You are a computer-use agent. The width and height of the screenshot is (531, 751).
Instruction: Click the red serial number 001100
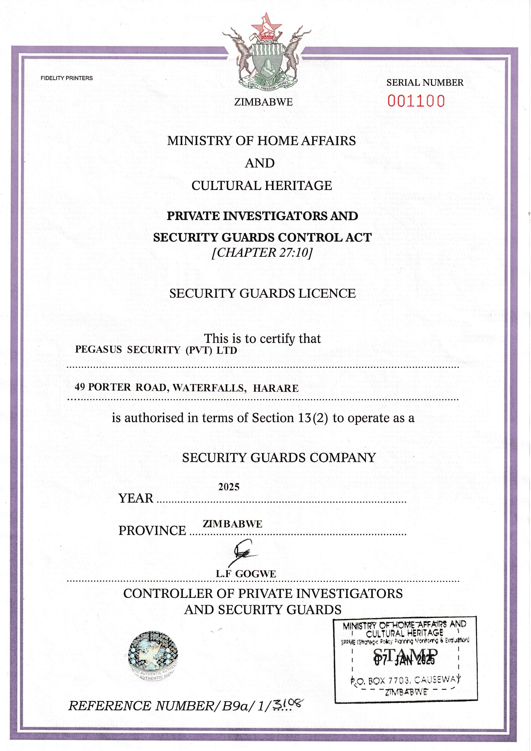pos(416,101)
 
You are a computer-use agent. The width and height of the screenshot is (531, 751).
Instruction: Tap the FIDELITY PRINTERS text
pos(67,78)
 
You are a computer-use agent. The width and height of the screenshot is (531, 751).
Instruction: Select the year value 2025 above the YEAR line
pos(229,487)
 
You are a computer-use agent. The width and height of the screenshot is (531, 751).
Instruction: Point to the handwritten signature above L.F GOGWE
pos(245,553)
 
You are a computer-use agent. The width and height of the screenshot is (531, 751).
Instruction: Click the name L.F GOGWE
pos(246,574)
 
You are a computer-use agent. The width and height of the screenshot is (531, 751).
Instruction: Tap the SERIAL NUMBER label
pos(425,83)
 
